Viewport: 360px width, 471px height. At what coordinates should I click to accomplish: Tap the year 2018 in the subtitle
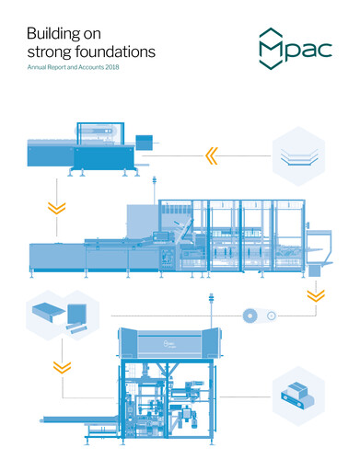click(x=112, y=69)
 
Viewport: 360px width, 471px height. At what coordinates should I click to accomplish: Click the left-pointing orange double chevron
click(x=213, y=155)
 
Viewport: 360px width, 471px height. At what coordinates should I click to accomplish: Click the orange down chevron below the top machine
click(x=57, y=207)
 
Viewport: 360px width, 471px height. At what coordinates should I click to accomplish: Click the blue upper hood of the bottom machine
click(x=169, y=344)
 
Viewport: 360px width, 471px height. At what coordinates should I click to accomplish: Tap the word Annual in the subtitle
click(x=39, y=69)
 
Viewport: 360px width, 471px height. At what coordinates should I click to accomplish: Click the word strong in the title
click(x=47, y=52)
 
